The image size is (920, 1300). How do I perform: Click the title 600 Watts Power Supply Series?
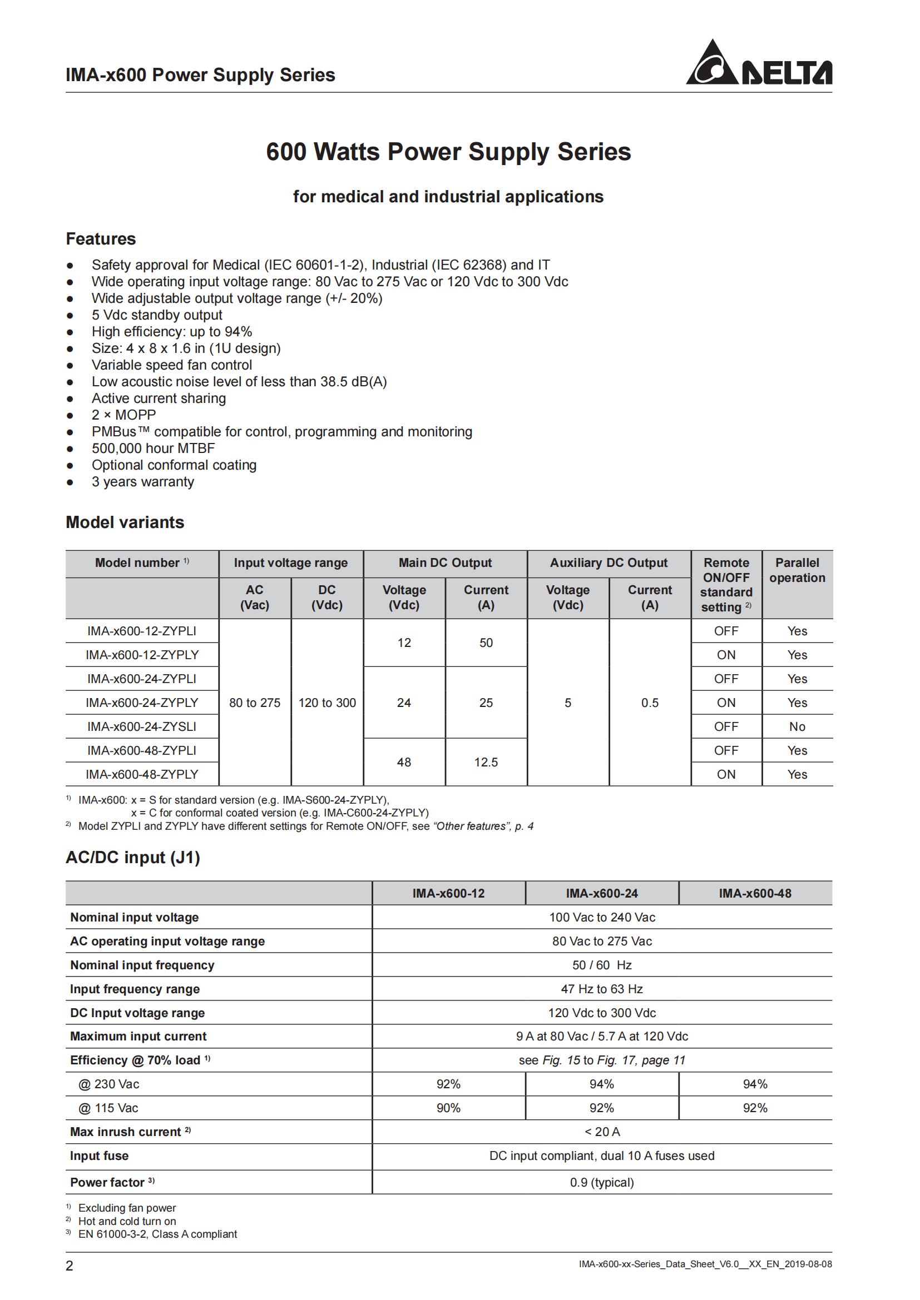click(448, 152)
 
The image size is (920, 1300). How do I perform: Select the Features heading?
click(101, 239)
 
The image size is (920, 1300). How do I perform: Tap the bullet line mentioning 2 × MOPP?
click(123, 415)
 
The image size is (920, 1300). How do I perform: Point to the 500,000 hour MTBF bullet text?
click(153, 448)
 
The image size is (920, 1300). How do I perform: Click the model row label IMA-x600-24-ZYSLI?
click(142, 726)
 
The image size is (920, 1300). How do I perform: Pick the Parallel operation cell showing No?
click(797, 726)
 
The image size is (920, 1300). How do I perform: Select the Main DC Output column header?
click(445, 563)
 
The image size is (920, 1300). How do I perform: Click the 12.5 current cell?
click(486, 762)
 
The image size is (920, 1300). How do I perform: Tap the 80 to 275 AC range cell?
click(254, 702)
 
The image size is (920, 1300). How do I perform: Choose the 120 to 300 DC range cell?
click(327, 702)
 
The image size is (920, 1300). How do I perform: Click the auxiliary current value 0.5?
click(649, 702)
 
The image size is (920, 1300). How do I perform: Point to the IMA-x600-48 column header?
click(755, 893)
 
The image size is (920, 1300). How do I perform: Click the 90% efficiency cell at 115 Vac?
click(448, 1108)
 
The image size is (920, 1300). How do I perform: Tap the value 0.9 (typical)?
click(602, 1182)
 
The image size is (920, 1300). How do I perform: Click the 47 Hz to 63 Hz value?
click(602, 989)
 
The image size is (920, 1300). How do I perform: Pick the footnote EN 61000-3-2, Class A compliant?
click(157, 1234)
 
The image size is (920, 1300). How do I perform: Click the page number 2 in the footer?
click(70, 1266)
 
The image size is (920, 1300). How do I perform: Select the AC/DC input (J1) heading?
click(133, 857)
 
